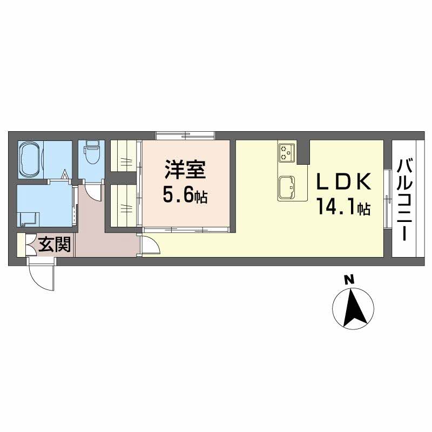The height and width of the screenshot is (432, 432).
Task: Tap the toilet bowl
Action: point(92,153)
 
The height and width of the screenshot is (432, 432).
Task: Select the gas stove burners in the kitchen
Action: point(286,152)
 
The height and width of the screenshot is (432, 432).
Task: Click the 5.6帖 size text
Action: point(185,195)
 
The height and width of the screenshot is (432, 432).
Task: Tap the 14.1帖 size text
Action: point(343,208)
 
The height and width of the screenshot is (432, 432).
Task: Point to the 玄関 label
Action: point(55,246)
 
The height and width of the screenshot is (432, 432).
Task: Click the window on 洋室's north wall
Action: point(185,135)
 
